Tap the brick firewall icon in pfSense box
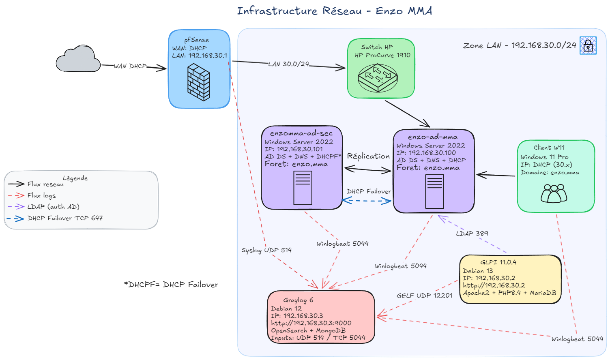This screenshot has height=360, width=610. tap(199, 83)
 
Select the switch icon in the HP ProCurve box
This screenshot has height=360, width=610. tap(378, 78)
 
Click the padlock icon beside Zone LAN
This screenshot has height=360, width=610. tap(588, 45)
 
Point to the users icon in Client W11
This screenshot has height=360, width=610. tap(554, 193)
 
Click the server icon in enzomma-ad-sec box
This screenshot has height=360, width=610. tap(303, 188)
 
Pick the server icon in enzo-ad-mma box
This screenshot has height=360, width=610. tap(434, 191)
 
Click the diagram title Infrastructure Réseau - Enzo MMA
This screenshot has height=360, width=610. tap(335, 11)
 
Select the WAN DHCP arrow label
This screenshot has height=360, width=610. tap(130, 66)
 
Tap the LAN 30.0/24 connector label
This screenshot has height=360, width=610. tap(289, 64)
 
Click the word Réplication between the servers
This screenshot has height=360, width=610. tap(368, 156)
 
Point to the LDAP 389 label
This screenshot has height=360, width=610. tap(472, 234)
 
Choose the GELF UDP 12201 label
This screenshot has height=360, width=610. tap(424, 296)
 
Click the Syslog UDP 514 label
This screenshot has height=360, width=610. tap(266, 250)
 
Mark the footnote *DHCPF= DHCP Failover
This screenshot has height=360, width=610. tap(171, 285)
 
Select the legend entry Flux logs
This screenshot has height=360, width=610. tap(41, 195)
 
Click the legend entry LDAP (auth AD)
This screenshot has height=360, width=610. tap(53, 207)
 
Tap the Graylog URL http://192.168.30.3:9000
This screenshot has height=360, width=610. tap(311, 323)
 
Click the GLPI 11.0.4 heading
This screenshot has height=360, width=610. tap(498, 262)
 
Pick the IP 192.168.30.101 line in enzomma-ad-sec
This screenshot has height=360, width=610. tap(294, 149)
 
